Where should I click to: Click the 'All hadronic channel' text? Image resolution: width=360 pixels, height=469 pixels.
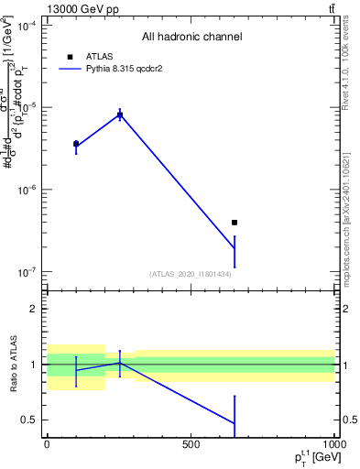tap(191, 37)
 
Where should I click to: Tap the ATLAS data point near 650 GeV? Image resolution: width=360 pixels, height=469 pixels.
tap(235, 222)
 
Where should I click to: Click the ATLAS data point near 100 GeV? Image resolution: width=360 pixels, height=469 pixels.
tap(76, 144)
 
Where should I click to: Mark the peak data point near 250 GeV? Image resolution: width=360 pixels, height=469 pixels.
tap(119, 115)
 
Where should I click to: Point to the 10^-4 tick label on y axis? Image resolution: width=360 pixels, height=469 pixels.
tap(26, 27)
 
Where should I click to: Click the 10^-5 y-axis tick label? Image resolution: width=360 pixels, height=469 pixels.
tap(26, 108)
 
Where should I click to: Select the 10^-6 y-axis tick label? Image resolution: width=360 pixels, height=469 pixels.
tap(26, 191)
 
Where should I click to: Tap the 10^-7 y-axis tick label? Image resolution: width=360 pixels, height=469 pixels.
tap(26, 272)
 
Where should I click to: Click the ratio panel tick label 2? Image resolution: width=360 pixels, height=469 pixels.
tap(33, 309)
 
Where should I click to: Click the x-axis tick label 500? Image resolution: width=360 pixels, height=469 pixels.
tap(191, 444)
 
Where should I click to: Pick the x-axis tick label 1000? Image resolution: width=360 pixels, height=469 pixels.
tap(333, 444)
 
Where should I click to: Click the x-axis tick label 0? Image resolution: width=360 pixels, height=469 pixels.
tap(47, 444)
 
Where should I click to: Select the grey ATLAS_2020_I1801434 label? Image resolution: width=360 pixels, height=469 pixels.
tap(191, 274)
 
